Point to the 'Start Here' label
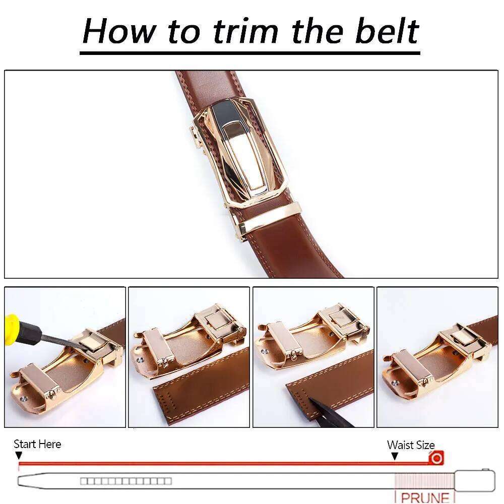[x=37, y=444]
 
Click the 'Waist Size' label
[x=410, y=445]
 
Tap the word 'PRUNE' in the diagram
[x=425, y=497]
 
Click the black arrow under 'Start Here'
[x=19, y=456]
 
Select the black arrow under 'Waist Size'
[x=395, y=456]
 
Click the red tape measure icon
[x=436, y=458]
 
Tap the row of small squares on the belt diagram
[x=126, y=481]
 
